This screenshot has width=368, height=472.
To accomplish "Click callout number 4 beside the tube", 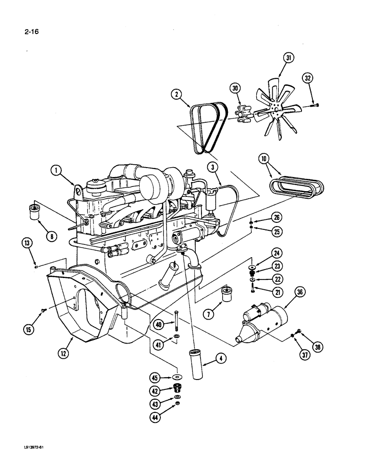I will [217, 360].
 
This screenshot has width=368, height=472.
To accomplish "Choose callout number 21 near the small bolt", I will [277, 293].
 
